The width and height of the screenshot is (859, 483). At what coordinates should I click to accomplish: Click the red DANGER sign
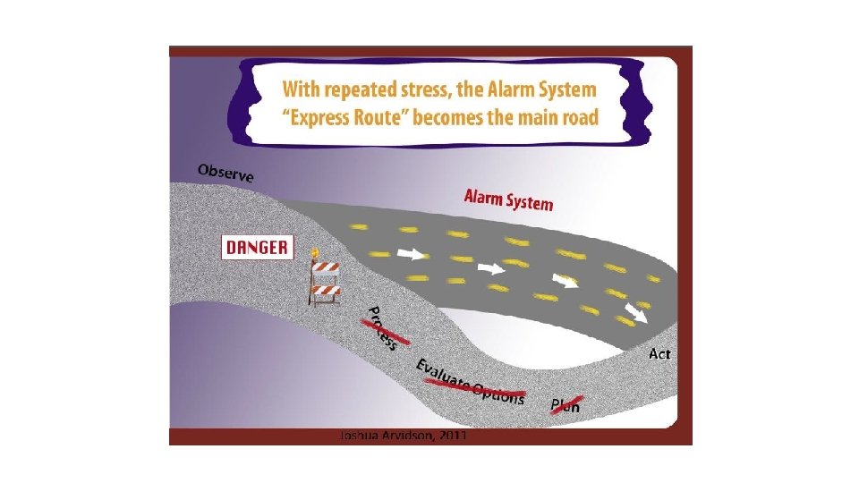[x=257, y=248]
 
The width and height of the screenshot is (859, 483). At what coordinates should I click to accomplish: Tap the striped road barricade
[x=325, y=277]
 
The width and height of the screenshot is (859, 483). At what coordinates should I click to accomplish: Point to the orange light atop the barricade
[x=315, y=252]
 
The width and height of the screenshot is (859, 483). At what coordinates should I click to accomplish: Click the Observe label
[x=225, y=172]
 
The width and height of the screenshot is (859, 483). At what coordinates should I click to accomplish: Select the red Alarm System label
[x=507, y=199]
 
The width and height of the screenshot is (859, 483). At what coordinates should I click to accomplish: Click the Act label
[x=659, y=354]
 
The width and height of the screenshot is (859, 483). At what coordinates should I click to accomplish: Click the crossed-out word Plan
[x=566, y=404]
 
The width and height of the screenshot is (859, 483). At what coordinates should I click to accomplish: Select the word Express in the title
[x=328, y=119]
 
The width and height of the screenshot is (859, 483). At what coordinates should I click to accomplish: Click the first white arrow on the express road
[x=411, y=254]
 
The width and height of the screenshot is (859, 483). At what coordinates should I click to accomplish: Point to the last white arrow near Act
[x=636, y=312]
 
